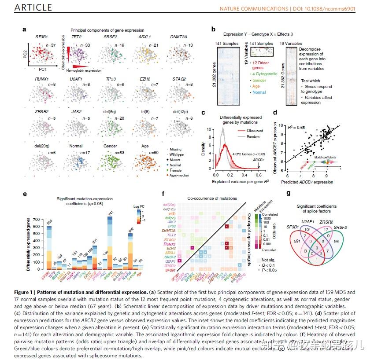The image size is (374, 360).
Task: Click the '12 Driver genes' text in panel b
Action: [263, 66]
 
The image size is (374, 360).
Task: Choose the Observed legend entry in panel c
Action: [256, 131]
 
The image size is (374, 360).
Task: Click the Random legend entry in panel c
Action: [255, 136]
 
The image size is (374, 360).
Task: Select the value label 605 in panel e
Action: [49, 222]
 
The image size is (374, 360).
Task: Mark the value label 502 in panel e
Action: [130, 229]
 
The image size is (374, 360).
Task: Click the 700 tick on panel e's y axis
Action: [37, 219]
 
